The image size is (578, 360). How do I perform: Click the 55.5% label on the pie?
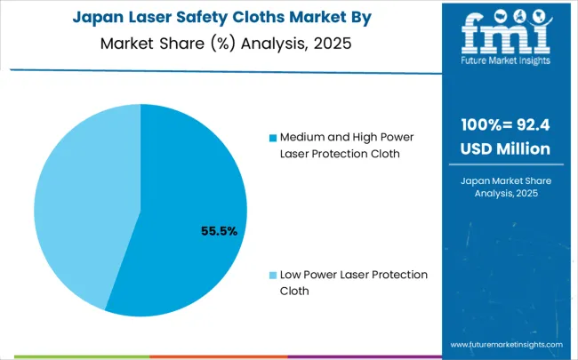click(x=219, y=231)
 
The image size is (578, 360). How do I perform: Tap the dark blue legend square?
click(x=272, y=138)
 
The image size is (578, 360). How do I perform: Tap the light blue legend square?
click(x=272, y=275)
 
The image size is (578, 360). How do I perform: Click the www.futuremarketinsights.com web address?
click(x=506, y=344)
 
